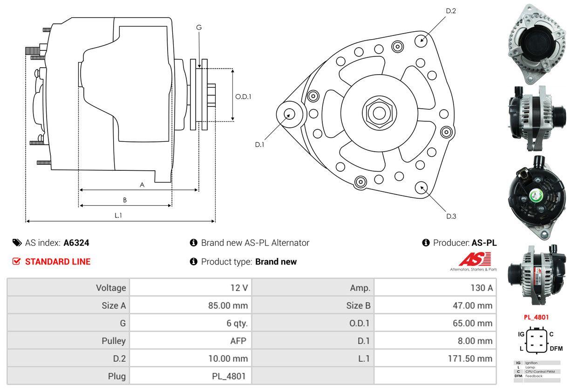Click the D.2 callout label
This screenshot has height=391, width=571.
(450, 11)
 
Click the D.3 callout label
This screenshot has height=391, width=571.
(451, 216)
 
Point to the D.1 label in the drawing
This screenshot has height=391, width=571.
(259, 145)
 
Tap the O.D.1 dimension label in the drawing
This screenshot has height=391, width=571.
(243, 97)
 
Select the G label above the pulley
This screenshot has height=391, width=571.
(199, 28)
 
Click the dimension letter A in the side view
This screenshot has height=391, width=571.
(142, 185)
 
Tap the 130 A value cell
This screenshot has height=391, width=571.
(481, 288)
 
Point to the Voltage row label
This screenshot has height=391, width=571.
(111, 288)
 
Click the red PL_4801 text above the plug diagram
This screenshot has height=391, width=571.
(536, 317)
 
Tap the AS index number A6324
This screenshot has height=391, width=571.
(76, 243)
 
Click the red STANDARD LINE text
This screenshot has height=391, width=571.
(58, 262)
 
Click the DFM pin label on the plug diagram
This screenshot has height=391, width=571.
(556, 348)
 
